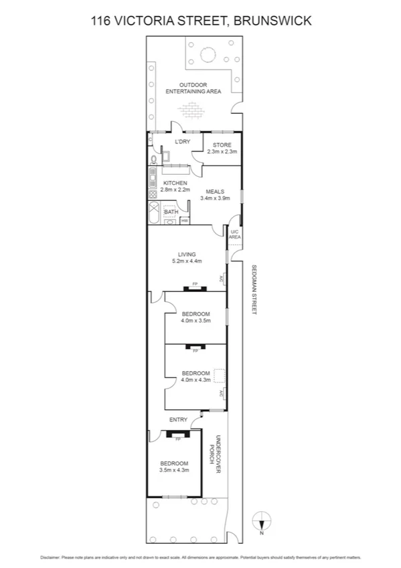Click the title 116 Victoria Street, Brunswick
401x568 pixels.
point(201,21)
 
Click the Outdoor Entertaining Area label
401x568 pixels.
point(193,88)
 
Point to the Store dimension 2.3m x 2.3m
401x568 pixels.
point(222,152)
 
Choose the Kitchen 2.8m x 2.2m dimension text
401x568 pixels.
point(165,190)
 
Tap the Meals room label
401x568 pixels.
point(214,192)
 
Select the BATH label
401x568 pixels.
point(171,212)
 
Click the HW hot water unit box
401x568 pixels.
point(184,220)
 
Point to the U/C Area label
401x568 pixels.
point(234,234)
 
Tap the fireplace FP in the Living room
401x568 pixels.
point(195,286)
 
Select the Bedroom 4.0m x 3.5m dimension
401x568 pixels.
point(195,321)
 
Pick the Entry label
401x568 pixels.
point(178,420)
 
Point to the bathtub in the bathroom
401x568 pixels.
point(153,216)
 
